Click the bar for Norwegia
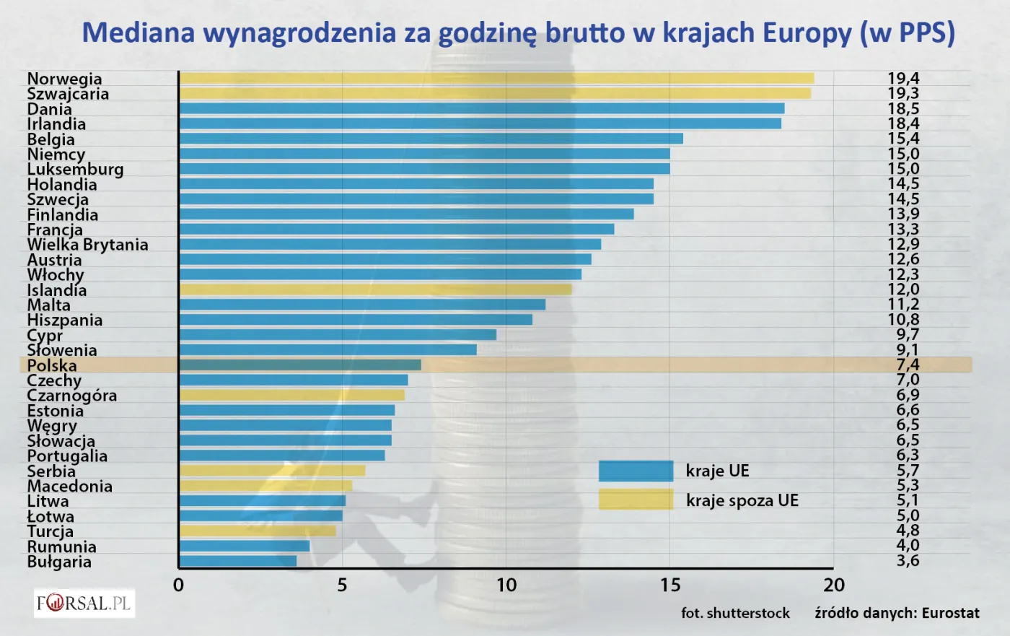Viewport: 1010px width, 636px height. [496, 78]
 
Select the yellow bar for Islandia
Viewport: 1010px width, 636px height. [375, 289]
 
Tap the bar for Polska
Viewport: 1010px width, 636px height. [300, 365]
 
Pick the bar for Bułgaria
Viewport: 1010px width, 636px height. [238, 561]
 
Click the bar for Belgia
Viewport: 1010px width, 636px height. [431, 139]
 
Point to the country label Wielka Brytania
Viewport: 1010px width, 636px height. [87, 245]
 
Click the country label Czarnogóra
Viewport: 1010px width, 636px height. [71, 396]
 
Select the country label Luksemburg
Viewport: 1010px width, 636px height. [75, 169]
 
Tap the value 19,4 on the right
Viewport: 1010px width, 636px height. [903, 78]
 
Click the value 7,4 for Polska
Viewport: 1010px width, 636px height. [908, 365]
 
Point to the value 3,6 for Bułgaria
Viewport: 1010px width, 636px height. [908, 560]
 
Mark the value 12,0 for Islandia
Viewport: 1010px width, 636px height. [903, 289]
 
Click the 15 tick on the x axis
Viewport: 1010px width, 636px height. [670, 585]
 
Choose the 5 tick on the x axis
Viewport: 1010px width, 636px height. [343, 585]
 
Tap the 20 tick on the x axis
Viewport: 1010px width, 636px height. [834, 585]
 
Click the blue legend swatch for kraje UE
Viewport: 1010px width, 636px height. [636, 471]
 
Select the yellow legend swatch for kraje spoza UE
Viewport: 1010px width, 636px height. [636, 500]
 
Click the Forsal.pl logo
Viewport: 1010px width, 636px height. [84, 603]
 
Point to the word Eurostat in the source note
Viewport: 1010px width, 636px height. [950, 613]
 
